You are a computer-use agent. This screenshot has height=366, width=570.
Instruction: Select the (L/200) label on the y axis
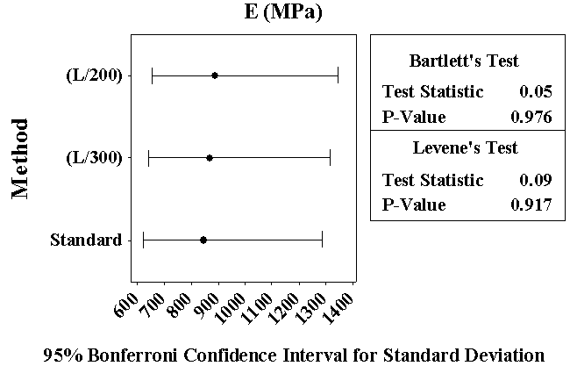pos(94,75)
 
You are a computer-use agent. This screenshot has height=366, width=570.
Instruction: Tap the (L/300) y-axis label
pos(94,158)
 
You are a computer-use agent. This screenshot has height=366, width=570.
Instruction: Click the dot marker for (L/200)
pos(215,75)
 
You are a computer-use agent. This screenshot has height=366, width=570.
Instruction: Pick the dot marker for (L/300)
pos(209,158)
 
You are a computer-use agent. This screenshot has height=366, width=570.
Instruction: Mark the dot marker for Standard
pos(203,240)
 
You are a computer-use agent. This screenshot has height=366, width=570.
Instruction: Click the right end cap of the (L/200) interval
pos(338,75)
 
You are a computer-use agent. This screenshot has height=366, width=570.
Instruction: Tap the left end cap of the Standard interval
pos(143,240)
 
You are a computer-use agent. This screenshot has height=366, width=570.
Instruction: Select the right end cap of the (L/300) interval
pos(330,158)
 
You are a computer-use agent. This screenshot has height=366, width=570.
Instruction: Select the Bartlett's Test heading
pos(464,61)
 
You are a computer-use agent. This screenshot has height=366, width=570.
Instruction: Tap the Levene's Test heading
pos(465,147)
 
